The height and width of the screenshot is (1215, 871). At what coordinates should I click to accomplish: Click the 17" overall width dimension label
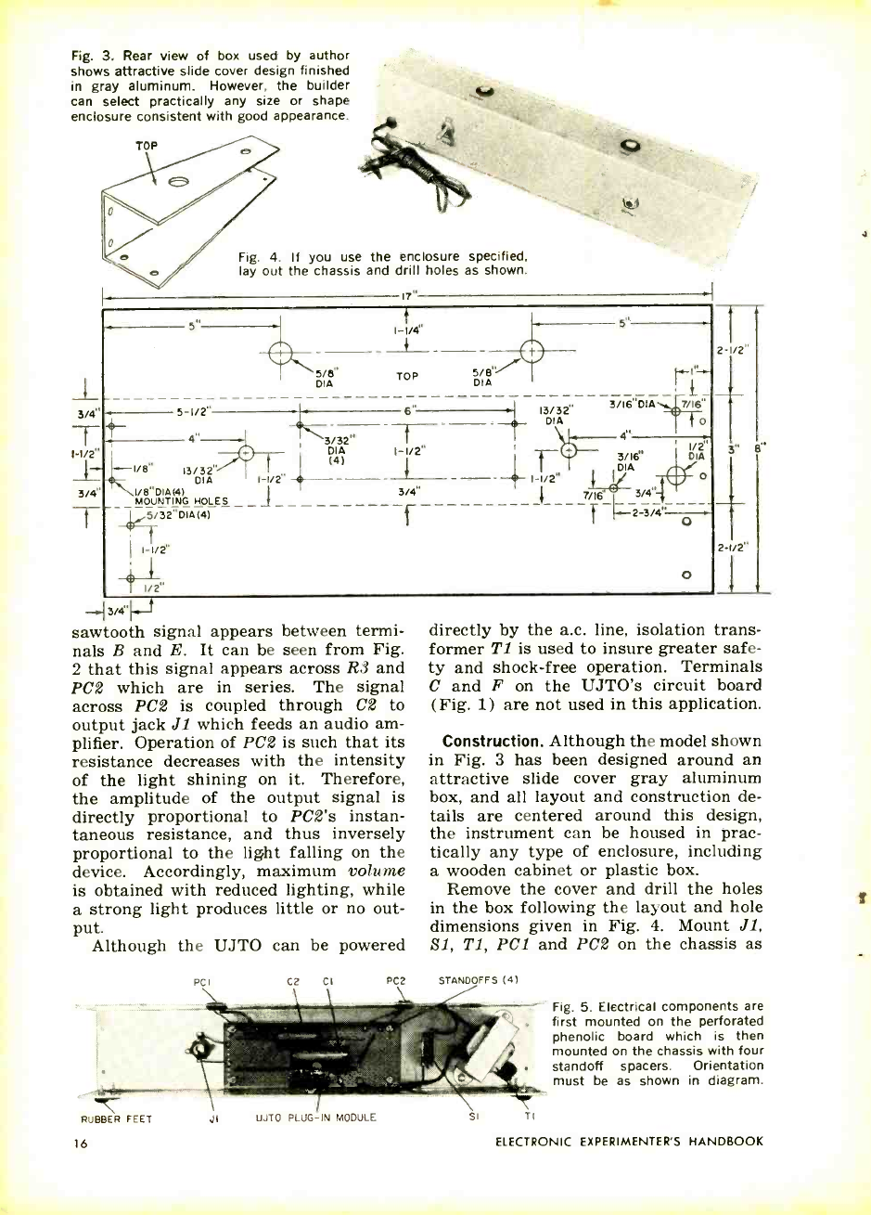(406, 296)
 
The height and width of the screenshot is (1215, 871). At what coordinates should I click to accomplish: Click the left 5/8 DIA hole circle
(280, 353)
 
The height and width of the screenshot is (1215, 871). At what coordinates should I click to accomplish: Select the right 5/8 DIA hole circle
(532, 352)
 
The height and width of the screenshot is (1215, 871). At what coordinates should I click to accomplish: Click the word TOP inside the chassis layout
(406, 378)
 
